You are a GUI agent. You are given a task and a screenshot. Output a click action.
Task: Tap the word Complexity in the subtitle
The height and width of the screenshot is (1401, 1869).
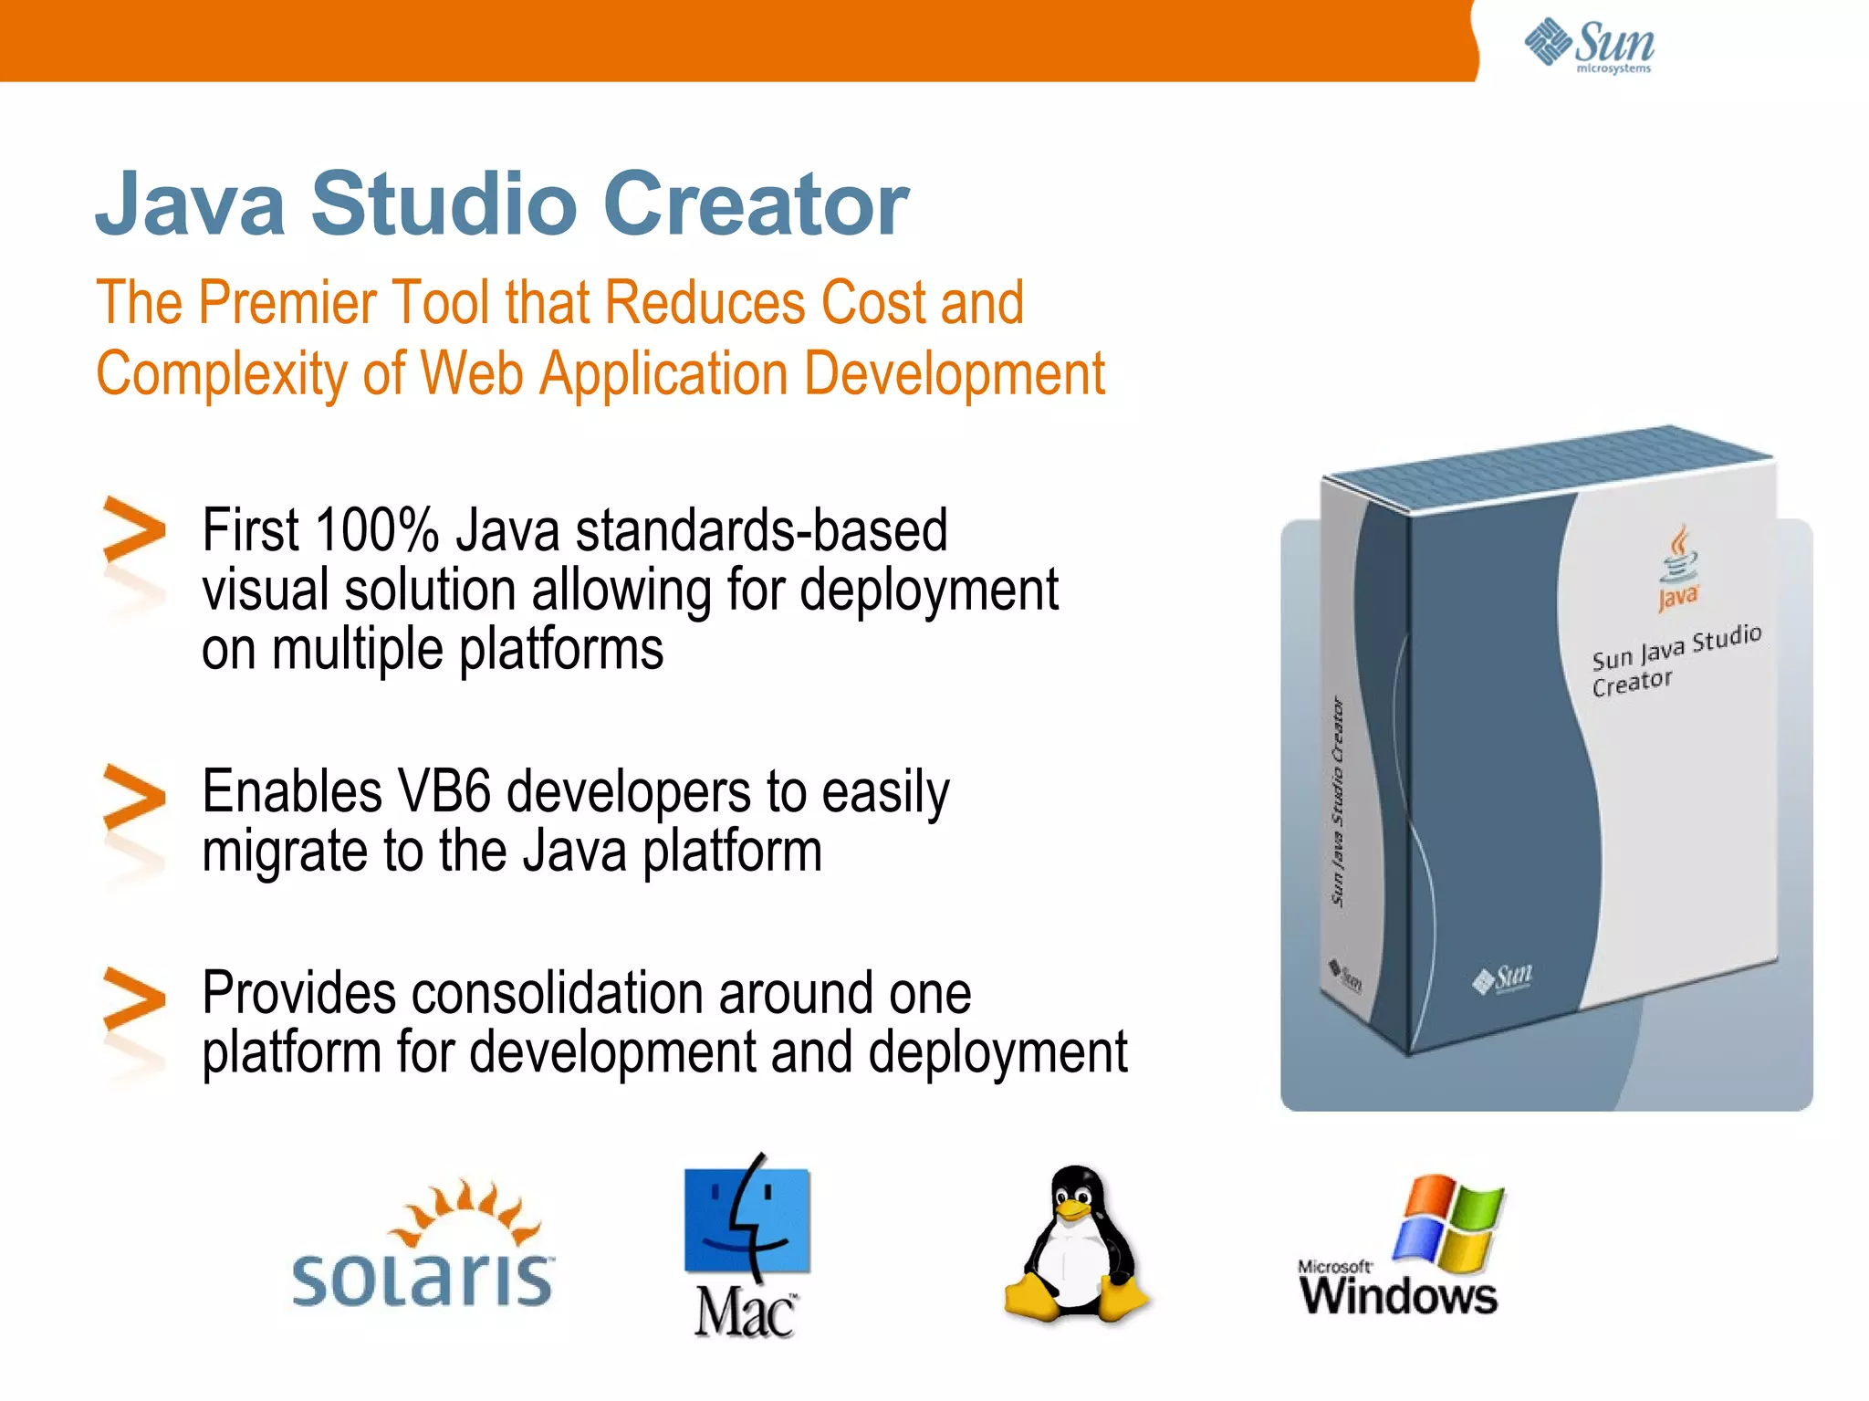pyautogui.click(x=220, y=374)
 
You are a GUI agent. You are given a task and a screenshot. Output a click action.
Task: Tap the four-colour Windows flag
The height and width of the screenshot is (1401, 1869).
pyautogui.click(x=1449, y=1223)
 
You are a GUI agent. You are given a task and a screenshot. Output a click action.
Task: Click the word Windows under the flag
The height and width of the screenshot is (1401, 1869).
pyautogui.click(x=1399, y=1296)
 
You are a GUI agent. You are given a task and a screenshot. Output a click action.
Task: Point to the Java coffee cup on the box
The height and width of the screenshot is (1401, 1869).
pyautogui.click(x=1678, y=557)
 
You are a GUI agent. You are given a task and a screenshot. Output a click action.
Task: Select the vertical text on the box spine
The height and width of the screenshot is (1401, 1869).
pyautogui.click(x=1338, y=801)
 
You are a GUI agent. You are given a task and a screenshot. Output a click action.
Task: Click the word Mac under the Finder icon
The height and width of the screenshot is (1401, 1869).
pyautogui.click(x=745, y=1313)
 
